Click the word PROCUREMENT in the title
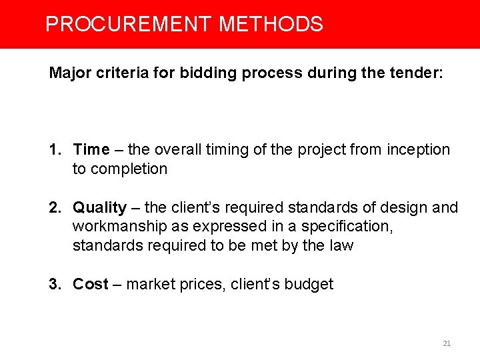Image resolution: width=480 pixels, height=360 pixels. (x=129, y=25)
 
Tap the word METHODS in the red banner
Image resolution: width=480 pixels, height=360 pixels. (x=271, y=25)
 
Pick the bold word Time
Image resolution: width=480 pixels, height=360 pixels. (x=91, y=149)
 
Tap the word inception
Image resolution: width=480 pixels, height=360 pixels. (x=417, y=149)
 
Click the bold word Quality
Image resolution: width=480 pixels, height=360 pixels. (x=99, y=207)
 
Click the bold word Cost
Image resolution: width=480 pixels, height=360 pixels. (x=90, y=284)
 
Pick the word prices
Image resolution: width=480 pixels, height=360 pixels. (x=201, y=284)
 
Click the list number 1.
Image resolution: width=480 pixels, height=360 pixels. (x=53, y=149)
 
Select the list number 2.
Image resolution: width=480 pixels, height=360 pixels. (x=53, y=207)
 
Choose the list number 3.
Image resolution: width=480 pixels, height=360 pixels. (x=53, y=284)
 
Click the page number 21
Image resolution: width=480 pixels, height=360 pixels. (x=447, y=343)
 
